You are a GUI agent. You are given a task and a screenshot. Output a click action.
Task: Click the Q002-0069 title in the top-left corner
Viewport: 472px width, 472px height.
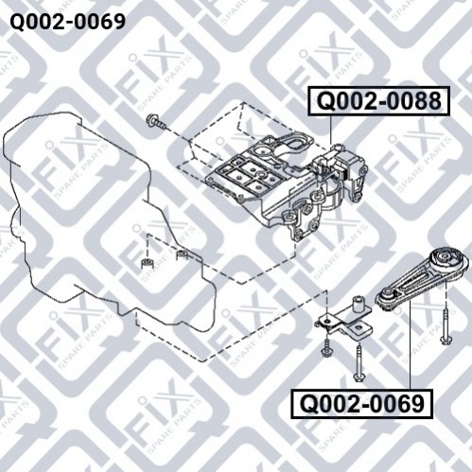[x=68, y=22]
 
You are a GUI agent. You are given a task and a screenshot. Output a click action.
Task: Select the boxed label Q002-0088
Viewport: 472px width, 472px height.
[x=379, y=101]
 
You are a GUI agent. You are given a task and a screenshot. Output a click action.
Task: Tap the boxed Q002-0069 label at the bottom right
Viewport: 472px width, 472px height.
[x=362, y=404]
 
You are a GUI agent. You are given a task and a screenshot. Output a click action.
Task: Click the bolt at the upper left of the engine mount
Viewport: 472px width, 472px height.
[x=156, y=122]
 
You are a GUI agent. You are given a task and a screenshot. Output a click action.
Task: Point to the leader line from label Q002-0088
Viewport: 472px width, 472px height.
[x=331, y=130]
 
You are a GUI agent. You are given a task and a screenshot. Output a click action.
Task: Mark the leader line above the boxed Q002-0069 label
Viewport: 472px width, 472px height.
[x=410, y=344]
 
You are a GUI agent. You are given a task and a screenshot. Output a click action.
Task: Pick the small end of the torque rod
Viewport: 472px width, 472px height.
[x=386, y=297]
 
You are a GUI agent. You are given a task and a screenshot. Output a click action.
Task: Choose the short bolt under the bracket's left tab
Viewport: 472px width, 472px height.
[x=325, y=347]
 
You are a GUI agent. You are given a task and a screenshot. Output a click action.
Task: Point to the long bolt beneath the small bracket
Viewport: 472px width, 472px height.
[x=358, y=363]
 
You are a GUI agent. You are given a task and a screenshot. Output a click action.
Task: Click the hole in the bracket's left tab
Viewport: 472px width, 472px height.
[x=327, y=322]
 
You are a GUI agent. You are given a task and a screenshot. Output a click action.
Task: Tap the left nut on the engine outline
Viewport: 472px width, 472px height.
[x=147, y=263]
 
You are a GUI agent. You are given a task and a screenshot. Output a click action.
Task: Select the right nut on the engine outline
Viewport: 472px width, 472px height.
[x=183, y=254]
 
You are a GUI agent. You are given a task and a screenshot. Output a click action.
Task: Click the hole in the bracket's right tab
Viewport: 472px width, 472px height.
[x=358, y=327]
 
